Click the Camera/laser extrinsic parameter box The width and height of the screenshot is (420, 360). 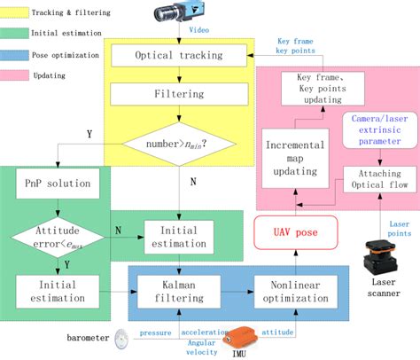coord(379,136)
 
